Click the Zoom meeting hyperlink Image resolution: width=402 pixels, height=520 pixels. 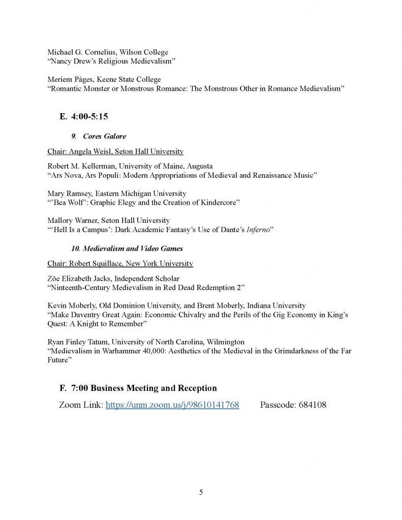click(x=172, y=405)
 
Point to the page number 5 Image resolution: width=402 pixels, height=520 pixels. click(x=201, y=492)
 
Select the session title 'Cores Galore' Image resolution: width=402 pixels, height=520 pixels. click(x=108, y=137)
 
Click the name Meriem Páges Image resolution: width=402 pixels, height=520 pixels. click(x=69, y=80)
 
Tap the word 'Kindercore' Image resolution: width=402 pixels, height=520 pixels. click(x=218, y=203)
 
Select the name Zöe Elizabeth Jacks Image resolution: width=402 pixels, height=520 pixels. click(x=80, y=278)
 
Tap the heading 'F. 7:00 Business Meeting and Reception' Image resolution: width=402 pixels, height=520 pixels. click(x=138, y=388)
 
